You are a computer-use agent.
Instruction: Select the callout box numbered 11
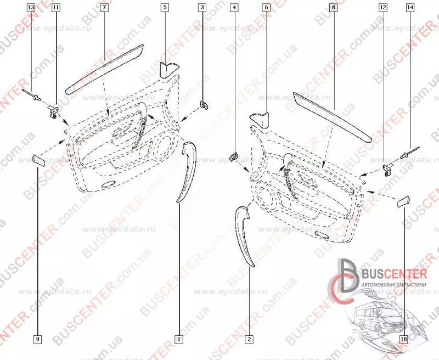pos(56,8)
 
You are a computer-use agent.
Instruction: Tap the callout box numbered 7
pos(104,8)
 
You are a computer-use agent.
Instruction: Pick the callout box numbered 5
pos(164,8)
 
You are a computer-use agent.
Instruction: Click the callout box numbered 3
pos(202,8)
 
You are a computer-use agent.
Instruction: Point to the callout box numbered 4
pos(234,8)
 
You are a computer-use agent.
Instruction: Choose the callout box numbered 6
pos(266,8)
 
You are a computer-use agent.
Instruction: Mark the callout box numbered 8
pos(333,8)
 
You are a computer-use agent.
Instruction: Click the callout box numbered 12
pos(383,8)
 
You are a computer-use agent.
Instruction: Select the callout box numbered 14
pos(409,8)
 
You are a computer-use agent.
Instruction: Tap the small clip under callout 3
pos(204,104)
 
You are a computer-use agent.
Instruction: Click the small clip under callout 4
pos(234,157)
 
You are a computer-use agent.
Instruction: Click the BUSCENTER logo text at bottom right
pos(391,274)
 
